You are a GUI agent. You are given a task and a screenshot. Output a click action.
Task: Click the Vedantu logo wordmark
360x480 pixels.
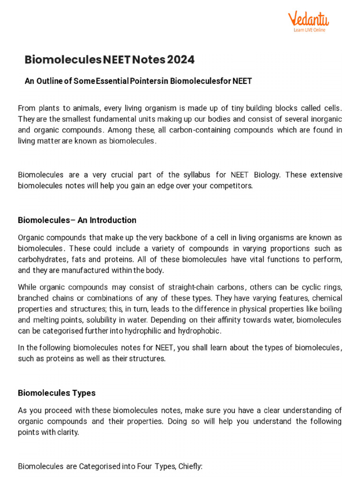point(308,19)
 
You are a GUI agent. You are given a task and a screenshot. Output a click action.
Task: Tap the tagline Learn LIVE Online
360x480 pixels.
point(309,30)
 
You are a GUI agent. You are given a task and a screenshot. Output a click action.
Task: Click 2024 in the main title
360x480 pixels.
point(181,60)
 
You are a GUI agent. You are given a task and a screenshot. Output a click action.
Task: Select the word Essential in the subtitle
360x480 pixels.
point(113,81)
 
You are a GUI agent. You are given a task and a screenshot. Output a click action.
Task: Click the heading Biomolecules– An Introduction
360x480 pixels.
point(77,220)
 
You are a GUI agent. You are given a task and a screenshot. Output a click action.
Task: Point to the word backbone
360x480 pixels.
point(179,237)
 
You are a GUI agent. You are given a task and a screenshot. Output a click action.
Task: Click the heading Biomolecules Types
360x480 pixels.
point(57,393)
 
